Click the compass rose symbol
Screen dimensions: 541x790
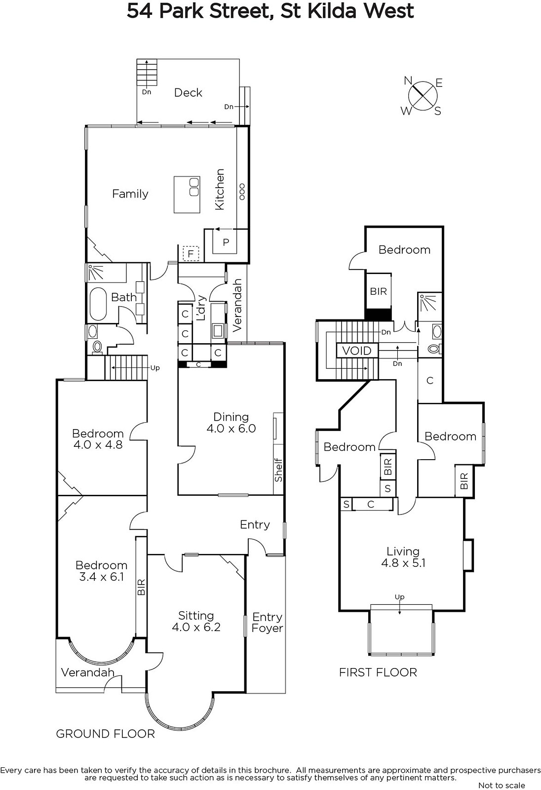click(423, 96)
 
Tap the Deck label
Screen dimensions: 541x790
click(189, 93)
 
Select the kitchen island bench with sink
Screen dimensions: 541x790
click(187, 195)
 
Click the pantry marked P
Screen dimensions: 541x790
click(226, 242)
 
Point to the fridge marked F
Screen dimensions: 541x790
click(191, 254)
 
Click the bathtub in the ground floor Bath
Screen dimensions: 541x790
click(98, 304)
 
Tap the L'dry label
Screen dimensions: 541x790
click(201, 308)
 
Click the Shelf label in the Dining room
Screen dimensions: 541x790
click(278, 470)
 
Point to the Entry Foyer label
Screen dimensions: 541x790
click(268, 623)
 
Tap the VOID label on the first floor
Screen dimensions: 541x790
click(357, 351)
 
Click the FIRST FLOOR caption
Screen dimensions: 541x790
click(378, 672)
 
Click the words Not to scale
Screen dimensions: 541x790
click(502, 785)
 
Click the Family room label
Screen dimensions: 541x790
click(130, 194)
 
